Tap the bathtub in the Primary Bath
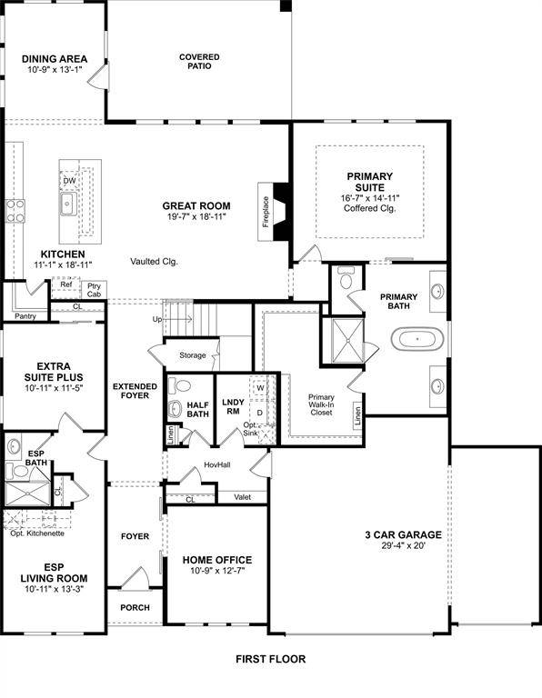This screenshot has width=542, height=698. (x=417, y=340)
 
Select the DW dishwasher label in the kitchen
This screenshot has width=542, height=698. (x=69, y=181)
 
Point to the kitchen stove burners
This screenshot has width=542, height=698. (x=15, y=211)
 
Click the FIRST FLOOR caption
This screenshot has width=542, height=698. (x=270, y=659)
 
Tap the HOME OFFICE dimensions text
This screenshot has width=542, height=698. (x=217, y=571)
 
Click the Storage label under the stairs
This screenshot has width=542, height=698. (x=192, y=355)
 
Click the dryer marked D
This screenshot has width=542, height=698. (x=259, y=412)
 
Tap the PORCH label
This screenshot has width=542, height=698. (x=135, y=607)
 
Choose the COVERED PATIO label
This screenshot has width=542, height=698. (x=199, y=62)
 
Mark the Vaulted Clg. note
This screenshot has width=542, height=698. (x=154, y=261)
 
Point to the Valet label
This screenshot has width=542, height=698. (x=242, y=497)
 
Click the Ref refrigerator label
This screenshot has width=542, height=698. (x=65, y=284)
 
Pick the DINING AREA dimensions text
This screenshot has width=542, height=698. (x=55, y=71)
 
